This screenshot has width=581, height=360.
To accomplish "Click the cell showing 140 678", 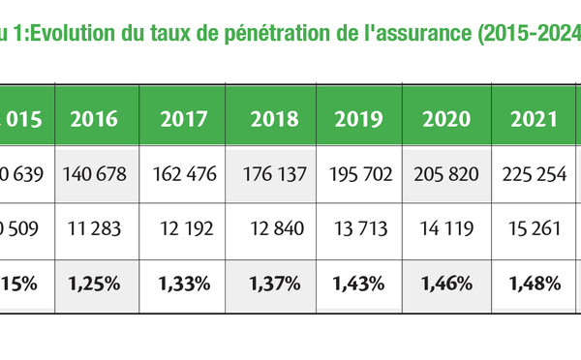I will click(x=97, y=174).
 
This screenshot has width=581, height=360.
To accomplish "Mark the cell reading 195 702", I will click(x=359, y=174).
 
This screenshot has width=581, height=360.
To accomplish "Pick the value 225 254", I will click(x=533, y=174).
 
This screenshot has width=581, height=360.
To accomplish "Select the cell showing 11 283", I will click(x=97, y=229).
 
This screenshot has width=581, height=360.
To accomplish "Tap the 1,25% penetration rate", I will click(x=97, y=284).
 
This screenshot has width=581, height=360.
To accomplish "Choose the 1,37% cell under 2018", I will click(x=274, y=284).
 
